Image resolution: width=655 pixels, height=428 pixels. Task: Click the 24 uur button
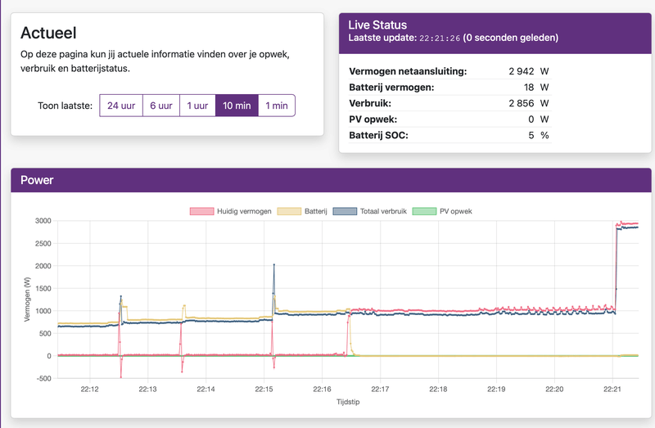tap(120, 106)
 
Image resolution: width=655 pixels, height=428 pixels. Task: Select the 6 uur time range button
tap(160, 106)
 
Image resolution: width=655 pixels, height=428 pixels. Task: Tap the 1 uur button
tap(197, 106)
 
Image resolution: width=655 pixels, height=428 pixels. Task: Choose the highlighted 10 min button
tap(237, 106)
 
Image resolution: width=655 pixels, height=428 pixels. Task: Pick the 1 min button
tap(276, 106)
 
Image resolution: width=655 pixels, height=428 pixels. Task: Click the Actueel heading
tap(48, 34)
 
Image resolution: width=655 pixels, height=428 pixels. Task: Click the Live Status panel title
tap(377, 25)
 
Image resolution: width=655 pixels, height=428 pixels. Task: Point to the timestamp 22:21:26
tap(440, 38)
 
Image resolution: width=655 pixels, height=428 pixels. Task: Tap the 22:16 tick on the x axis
tap(322, 389)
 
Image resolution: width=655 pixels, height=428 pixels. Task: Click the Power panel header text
tap(37, 180)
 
